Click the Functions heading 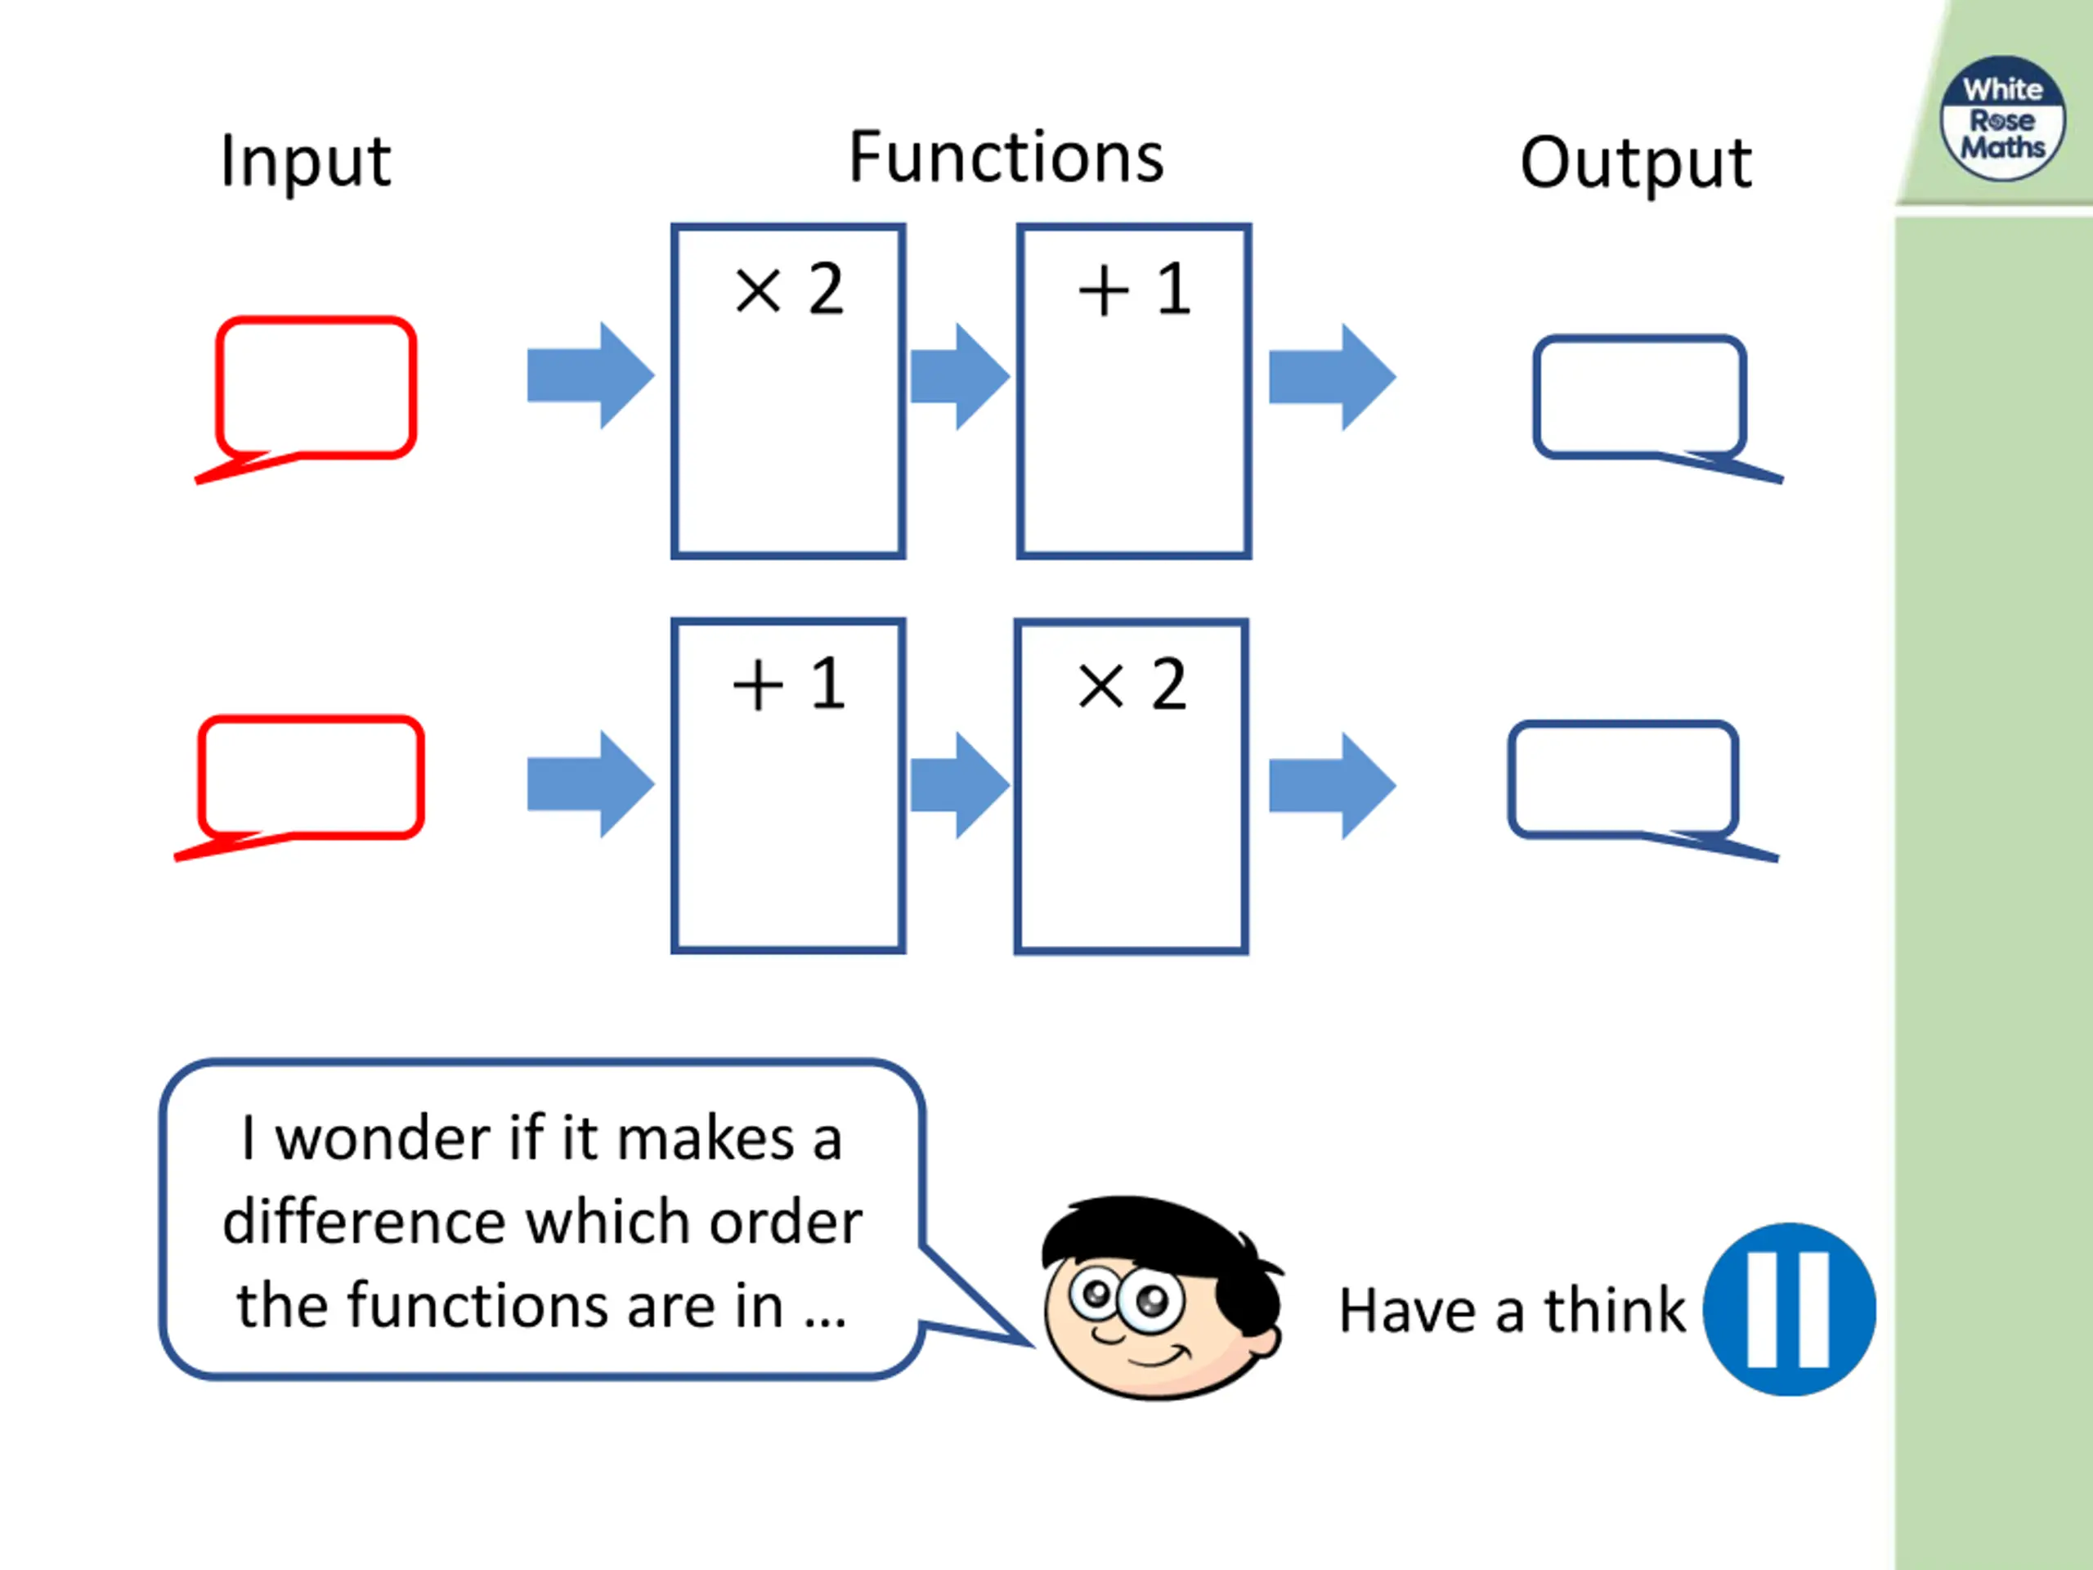tap(1006, 157)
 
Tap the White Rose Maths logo tap(2002, 119)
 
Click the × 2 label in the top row tap(788, 289)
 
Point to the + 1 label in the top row tap(1133, 289)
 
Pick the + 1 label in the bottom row tap(788, 684)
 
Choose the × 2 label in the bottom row tap(1132, 684)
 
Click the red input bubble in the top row tap(219, 388)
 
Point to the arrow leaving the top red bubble tap(590, 375)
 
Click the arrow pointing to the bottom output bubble tap(1333, 786)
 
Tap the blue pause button tap(1789, 1310)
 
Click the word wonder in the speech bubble tap(383, 1138)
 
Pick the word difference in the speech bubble tap(365, 1221)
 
